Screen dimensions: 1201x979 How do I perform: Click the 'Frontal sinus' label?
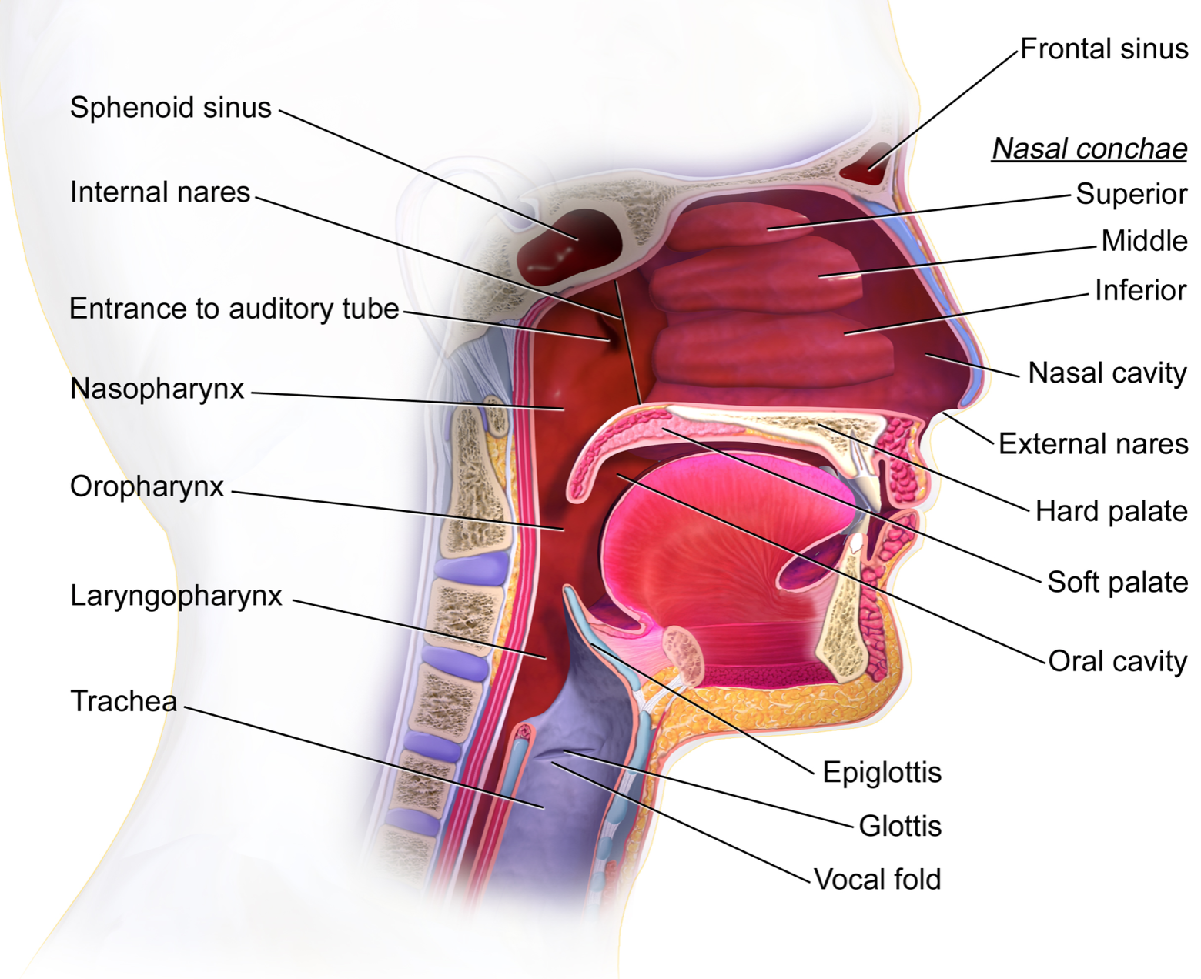1104,49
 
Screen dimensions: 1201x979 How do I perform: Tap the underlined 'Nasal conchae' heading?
1089,149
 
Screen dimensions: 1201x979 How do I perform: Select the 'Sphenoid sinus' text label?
170,108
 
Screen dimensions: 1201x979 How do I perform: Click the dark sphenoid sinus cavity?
568,246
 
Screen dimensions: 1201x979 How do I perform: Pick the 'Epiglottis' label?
882,773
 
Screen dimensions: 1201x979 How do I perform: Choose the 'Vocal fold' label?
877,879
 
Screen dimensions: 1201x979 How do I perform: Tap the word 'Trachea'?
124,700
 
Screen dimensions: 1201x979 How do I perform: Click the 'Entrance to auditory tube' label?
234,309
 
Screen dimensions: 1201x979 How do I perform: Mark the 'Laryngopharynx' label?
176,596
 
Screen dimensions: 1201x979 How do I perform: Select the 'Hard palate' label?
1111,511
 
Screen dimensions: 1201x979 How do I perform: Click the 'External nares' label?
1093,444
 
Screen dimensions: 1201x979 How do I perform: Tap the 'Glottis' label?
900,826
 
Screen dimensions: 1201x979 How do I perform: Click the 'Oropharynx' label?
147,487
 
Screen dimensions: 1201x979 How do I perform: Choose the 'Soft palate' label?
1117,583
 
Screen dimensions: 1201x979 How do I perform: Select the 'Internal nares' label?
160,192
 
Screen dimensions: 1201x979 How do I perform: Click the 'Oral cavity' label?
1118,661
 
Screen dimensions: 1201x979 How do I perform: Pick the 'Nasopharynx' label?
156,389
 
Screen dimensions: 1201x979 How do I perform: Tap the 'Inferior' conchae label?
1141,290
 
